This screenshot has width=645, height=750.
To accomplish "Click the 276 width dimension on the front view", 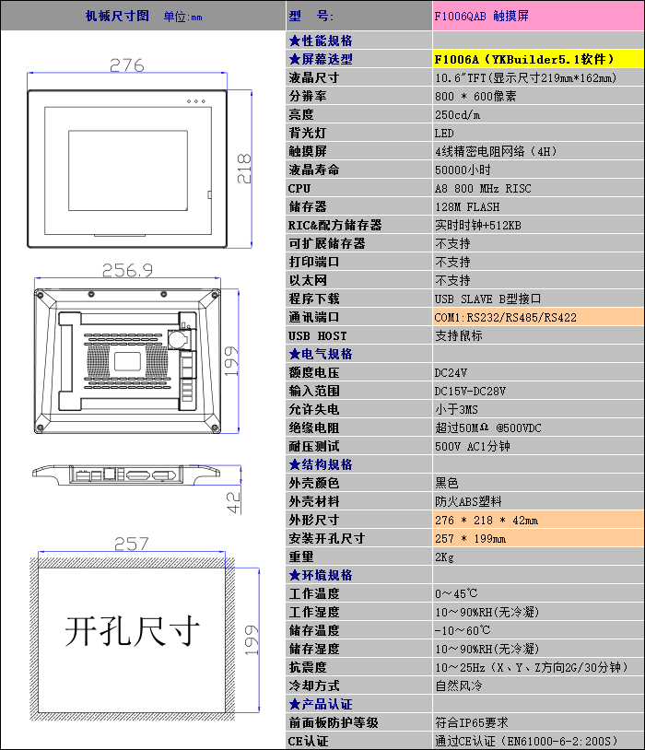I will [127, 65].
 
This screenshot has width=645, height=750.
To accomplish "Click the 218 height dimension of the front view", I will [244, 169].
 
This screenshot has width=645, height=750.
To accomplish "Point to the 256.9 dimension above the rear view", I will [127, 270].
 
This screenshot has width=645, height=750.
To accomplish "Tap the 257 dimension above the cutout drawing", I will [130, 544].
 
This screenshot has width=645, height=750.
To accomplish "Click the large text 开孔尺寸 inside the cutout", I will [133, 632].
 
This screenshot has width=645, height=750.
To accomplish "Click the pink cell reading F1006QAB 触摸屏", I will [481, 17].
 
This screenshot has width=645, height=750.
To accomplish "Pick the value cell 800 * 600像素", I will [475, 96].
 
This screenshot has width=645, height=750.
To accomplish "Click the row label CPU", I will [299, 188].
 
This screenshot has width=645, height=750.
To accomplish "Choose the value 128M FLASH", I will [467, 206].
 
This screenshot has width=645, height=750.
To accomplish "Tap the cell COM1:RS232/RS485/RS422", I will [506, 317].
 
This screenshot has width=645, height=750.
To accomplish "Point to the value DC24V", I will [451, 372].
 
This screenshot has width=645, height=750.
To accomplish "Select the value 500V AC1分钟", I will [472, 446].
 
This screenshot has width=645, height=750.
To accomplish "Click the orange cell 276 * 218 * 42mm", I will [487, 520].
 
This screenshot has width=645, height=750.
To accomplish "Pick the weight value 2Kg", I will [444, 557].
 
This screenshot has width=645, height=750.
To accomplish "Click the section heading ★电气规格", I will [320, 354].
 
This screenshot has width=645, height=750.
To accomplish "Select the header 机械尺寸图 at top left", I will [117, 16].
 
